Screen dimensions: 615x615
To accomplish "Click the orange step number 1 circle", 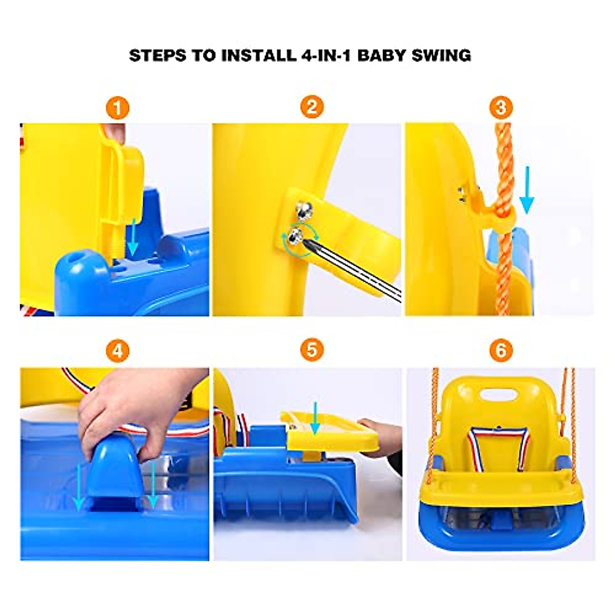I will [117, 108].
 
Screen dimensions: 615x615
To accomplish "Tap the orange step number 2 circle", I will [312, 108].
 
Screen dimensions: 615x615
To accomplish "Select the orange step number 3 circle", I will [501, 108].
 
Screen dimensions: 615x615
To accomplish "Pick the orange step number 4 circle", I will [117, 352].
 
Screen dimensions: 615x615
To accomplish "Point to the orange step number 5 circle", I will [312, 352].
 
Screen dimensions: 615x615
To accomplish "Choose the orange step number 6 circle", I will [501, 352].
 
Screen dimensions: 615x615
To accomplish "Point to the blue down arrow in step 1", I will [132, 236].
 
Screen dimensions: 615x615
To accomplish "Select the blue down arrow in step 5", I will [315, 418].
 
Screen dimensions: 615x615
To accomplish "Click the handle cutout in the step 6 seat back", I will [499, 395].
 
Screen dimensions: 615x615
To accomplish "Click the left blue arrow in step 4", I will [78, 487].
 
